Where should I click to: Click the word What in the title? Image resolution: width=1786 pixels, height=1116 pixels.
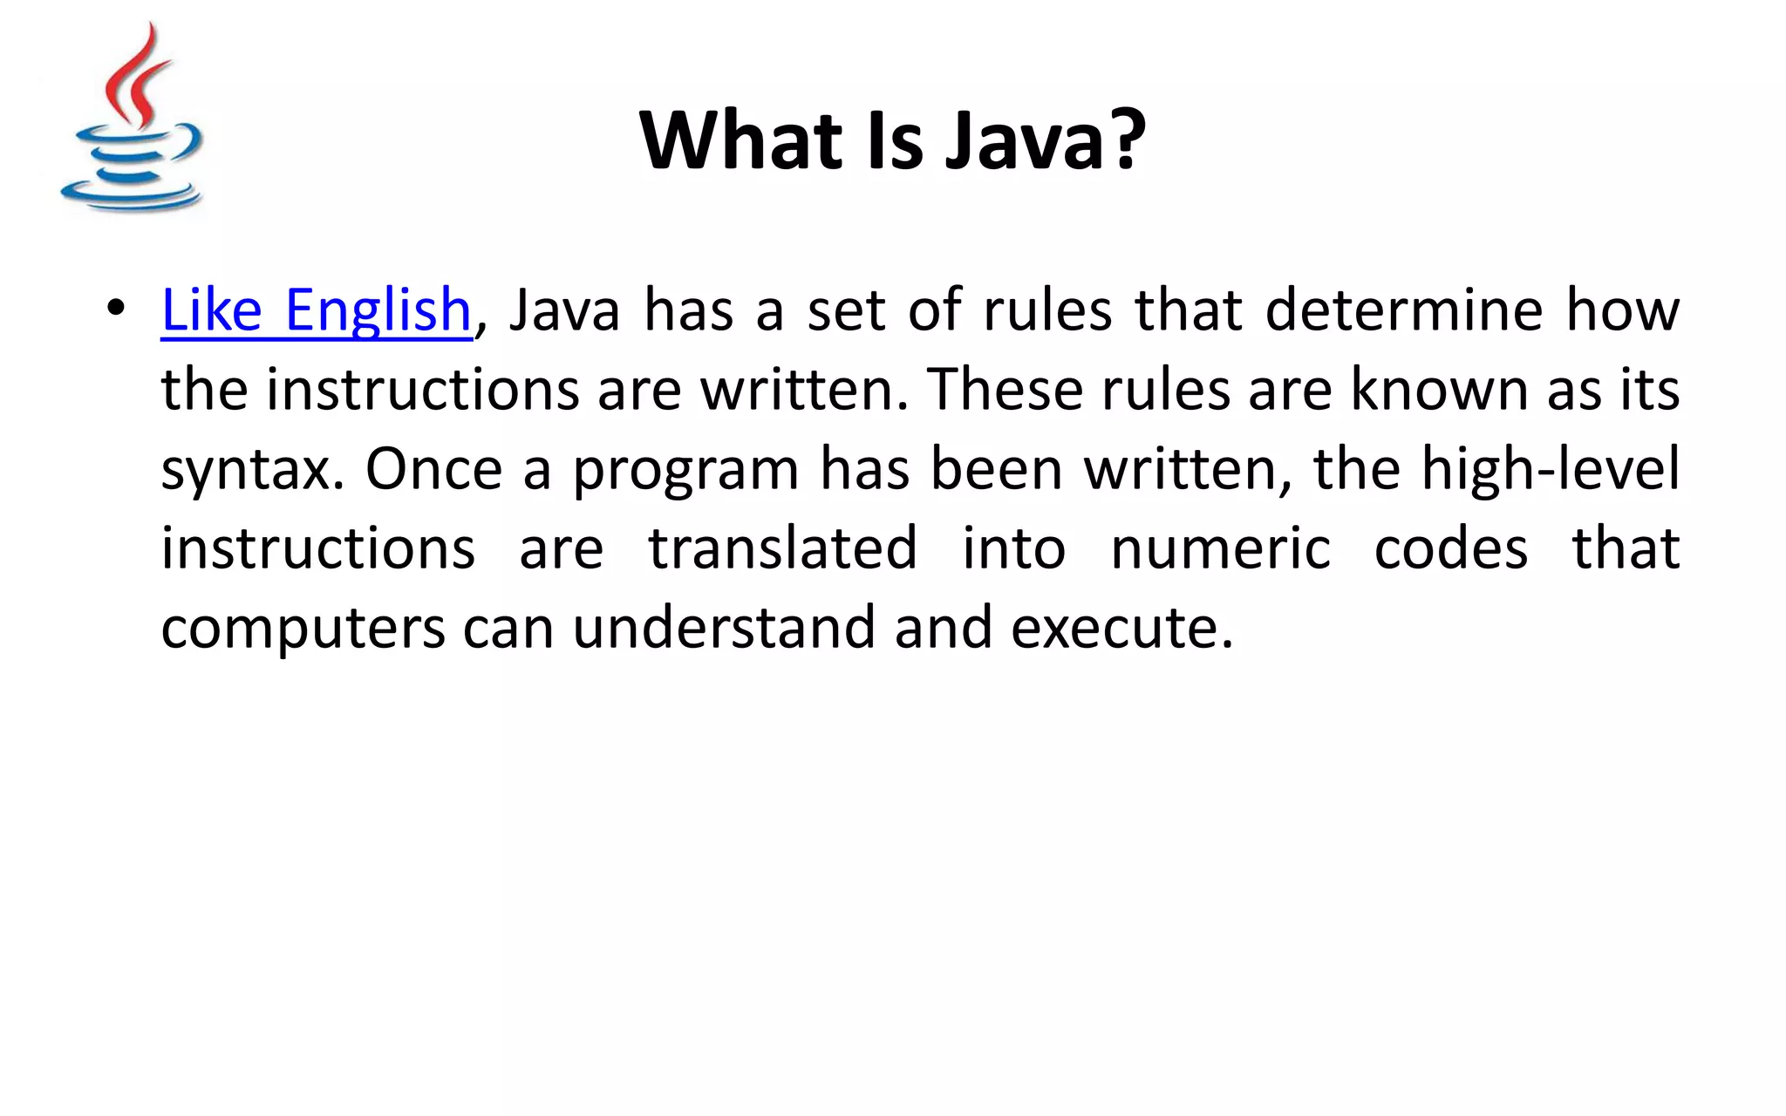coord(742,141)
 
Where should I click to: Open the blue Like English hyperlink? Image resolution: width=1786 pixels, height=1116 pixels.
coord(317,310)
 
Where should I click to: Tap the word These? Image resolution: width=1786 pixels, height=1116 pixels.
coord(1004,389)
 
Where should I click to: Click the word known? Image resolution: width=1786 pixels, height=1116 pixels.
coord(1439,389)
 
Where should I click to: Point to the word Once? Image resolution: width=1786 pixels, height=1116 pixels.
coord(433,469)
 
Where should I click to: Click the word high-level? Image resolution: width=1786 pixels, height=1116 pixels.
coord(1550,469)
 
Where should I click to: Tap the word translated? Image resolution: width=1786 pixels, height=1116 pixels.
coord(782,548)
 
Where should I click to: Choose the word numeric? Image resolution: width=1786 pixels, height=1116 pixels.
coord(1220,548)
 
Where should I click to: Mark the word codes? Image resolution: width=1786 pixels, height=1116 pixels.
coord(1451,548)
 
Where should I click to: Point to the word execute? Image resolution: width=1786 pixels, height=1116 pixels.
coord(1121,628)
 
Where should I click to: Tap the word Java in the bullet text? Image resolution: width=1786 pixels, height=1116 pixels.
coord(563,310)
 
